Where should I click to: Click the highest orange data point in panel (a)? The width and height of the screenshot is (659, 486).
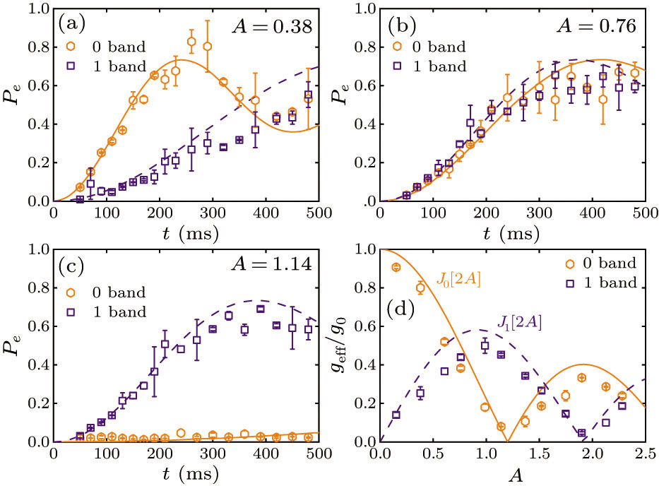(191, 42)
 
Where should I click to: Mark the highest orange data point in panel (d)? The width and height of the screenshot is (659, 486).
(396, 267)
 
